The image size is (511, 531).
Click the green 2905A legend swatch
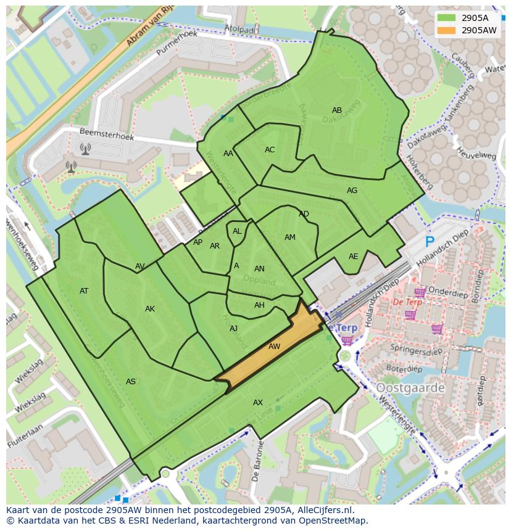[447, 18]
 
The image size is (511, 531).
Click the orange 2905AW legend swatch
[447, 30]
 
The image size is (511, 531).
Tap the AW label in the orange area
[274, 347]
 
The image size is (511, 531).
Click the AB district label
[337, 110]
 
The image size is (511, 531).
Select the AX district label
[258, 403]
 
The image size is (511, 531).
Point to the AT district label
[84, 291]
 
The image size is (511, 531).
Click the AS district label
[131, 382]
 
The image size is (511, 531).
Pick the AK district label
[150, 309]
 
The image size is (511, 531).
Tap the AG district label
[352, 191]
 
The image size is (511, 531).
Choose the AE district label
[353, 257]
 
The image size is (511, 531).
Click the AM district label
[290, 237]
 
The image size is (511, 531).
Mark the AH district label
[259, 305]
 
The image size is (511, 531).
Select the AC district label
[270, 150]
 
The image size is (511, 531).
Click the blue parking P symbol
[430, 242]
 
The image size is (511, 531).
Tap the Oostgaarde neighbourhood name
[410, 388]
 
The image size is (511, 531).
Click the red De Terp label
[407, 302]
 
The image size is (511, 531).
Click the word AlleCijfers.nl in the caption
[332, 510]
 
